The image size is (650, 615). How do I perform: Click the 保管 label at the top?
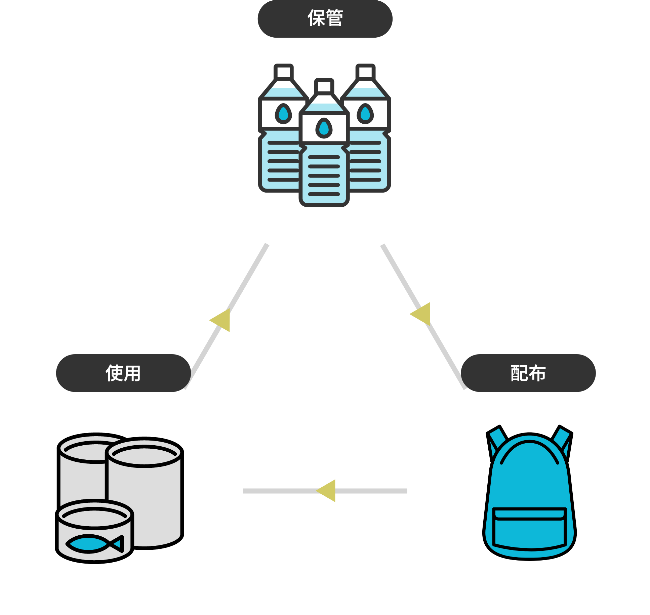pyautogui.click(x=325, y=18)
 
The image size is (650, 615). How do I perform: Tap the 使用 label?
pyautogui.click(x=123, y=373)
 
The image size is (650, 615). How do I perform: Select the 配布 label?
pyautogui.click(x=528, y=373)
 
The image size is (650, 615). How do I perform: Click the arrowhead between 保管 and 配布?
pyautogui.click(x=422, y=314)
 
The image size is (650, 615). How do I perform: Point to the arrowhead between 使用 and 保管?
pyautogui.click(x=221, y=320)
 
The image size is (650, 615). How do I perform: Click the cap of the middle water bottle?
pyautogui.click(x=324, y=86)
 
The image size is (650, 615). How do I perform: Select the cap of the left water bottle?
pyautogui.click(x=283, y=71)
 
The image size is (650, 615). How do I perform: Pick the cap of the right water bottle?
pyautogui.click(x=365, y=71)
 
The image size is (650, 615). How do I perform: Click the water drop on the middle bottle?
pyautogui.click(x=324, y=128)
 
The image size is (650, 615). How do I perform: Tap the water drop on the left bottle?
pyautogui.click(x=283, y=114)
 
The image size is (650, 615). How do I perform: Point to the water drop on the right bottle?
pyautogui.click(x=365, y=114)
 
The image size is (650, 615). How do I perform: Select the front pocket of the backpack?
pyautogui.click(x=529, y=529)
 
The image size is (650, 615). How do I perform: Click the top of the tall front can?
pyautogui.click(x=145, y=452)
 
